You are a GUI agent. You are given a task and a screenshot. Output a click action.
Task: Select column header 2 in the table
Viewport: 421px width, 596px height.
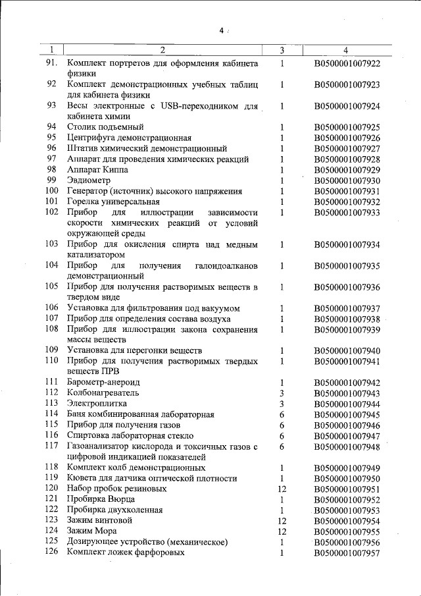coord(162,50)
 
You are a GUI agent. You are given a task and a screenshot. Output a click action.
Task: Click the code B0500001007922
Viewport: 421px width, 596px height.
coord(347,64)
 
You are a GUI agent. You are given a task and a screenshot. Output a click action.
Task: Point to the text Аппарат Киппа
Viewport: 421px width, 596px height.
coord(96,170)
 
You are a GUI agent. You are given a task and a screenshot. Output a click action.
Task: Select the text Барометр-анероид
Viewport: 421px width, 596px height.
coord(103,382)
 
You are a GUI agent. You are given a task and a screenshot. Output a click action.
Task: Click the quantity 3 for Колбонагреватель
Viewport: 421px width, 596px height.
coord(281,393)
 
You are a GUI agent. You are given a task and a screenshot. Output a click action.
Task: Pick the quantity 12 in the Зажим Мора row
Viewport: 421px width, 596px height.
coord(282,531)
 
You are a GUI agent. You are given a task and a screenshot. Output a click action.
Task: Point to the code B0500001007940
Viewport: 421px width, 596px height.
coord(347,350)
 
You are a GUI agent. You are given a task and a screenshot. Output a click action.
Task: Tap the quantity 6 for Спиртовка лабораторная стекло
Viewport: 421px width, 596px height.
coord(282,435)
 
